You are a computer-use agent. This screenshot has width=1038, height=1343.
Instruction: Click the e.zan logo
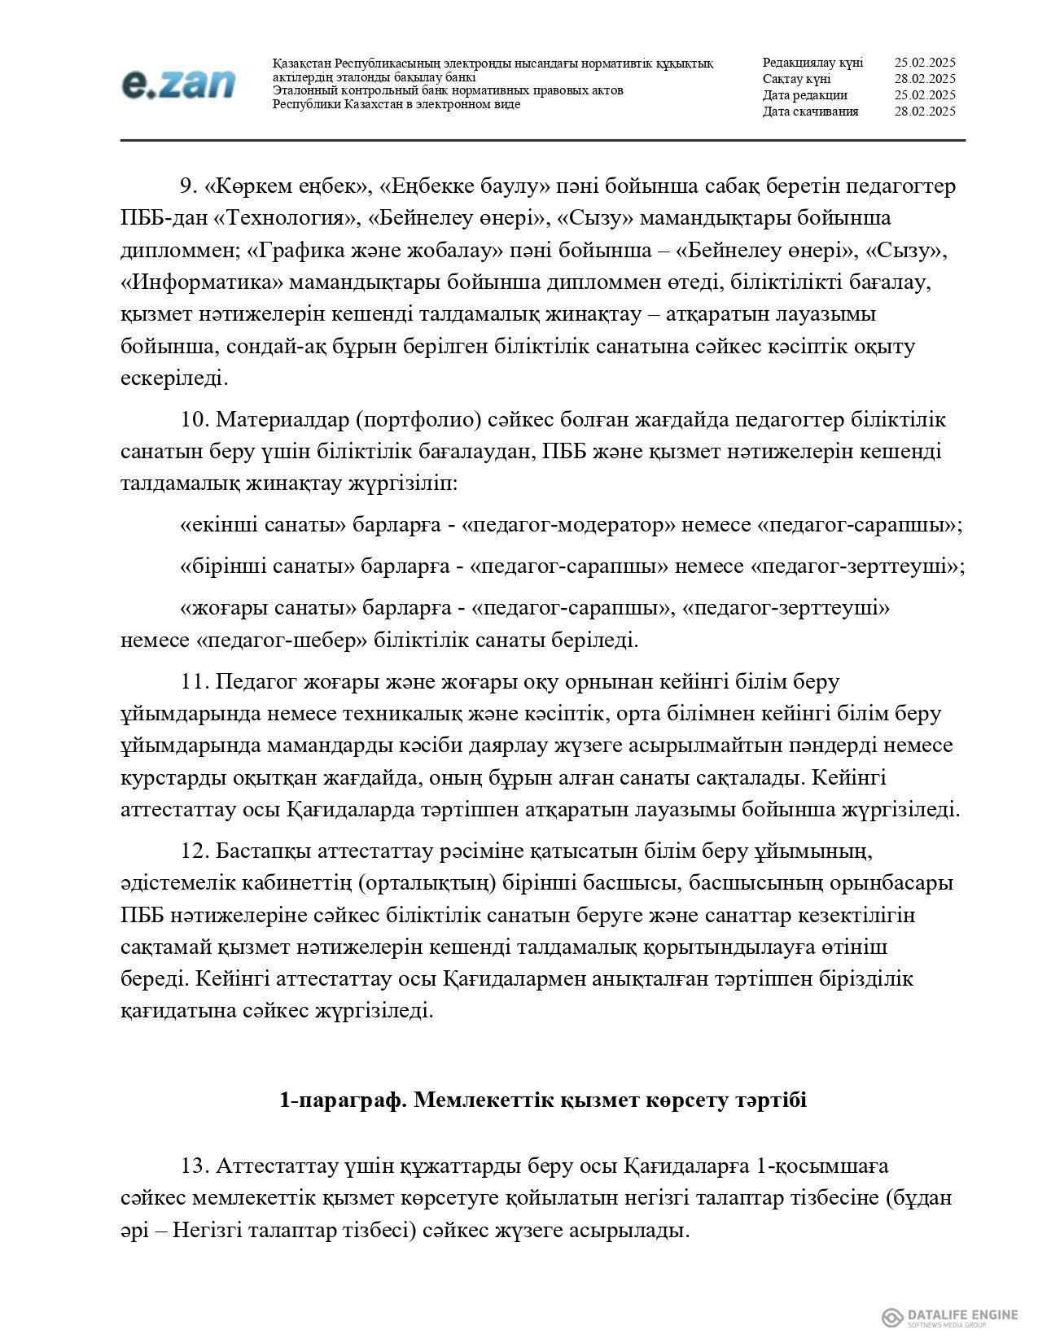pos(178,84)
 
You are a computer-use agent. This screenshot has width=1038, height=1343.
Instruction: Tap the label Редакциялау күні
pos(812,63)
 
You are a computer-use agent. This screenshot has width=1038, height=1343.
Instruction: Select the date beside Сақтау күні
pos(924,79)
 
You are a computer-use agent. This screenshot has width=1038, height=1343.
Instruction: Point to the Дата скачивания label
pos(810,112)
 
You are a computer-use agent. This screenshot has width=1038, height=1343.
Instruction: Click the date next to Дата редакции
pos(924,95)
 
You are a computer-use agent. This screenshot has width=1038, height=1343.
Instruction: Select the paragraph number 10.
pos(195,421)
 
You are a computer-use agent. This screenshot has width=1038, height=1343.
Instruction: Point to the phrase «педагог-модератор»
pos(567,525)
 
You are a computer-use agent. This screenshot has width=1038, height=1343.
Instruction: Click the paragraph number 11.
pos(195,681)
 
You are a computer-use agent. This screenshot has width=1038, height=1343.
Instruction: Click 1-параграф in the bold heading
pos(342,1100)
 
